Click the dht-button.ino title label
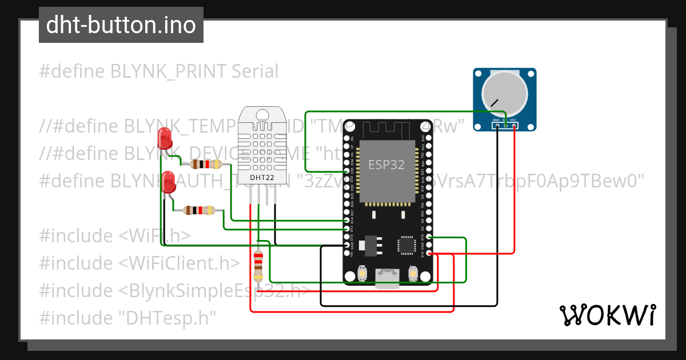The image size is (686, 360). point(121,25)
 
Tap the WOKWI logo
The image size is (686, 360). point(607,315)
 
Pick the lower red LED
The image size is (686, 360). point(169,181)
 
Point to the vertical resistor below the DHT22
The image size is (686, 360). point(258,266)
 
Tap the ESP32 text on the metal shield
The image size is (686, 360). point(386,165)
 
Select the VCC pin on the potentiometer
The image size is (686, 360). point(514,125)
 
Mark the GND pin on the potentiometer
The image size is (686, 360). point(496,125)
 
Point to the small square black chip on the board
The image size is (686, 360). point(407,245)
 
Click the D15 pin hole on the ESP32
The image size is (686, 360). point(429,237)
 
